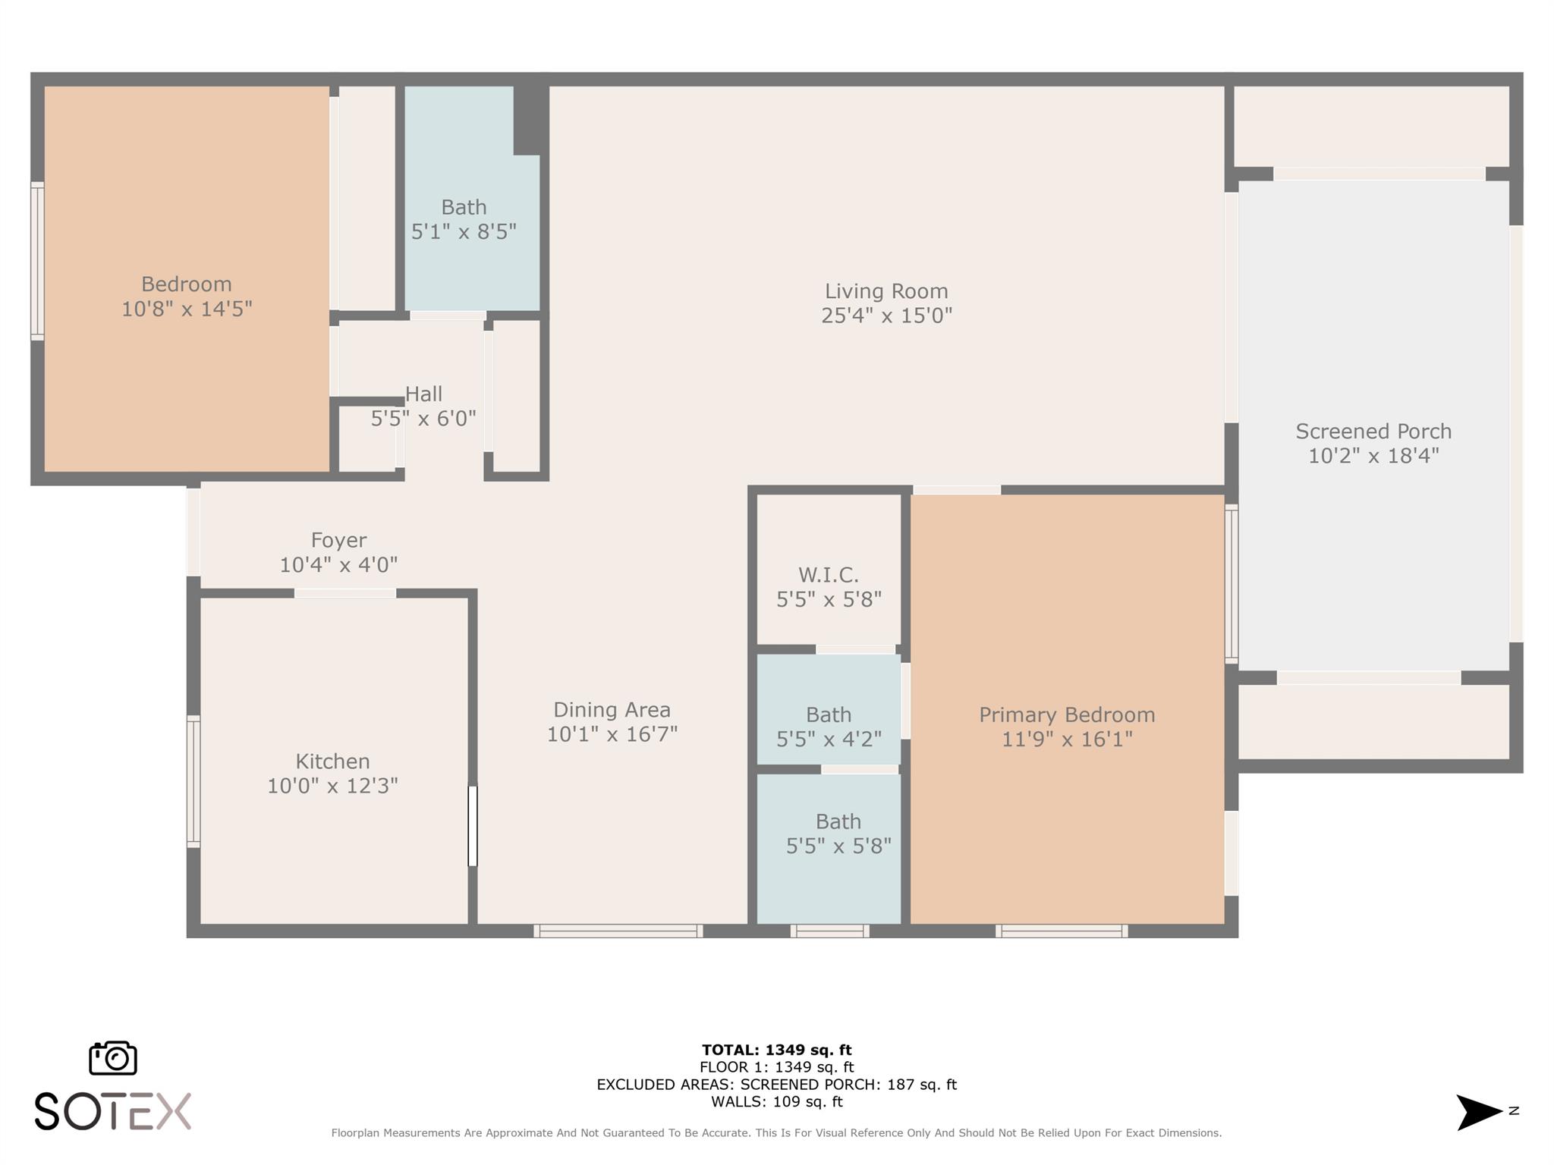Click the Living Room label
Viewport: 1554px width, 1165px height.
[x=886, y=291]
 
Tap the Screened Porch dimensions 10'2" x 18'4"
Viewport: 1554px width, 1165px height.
[x=1373, y=455]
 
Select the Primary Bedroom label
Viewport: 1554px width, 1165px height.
[x=1067, y=714]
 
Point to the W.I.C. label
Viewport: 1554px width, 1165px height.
[x=829, y=575]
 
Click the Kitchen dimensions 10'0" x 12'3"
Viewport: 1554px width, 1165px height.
[x=332, y=785]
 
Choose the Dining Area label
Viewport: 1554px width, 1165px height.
[x=612, y=710]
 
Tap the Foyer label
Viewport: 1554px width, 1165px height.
[x=338, y=540]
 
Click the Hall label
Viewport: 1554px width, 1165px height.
[x=423, y=394]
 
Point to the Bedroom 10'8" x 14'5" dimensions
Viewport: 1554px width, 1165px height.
[x=187, y=309]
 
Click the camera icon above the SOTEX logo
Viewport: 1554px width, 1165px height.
[x=113, y=1057]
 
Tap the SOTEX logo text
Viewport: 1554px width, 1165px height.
[x=113, y=1112]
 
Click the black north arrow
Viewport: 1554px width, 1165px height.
[x=1479, y=1112]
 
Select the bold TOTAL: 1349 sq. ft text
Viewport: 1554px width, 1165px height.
[x=776, y=1050]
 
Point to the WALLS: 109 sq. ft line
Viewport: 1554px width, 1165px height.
[x=776, y=1101]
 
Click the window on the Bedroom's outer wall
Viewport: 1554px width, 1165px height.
[x=37, y=260]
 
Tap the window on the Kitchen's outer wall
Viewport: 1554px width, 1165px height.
[x=193, y=781]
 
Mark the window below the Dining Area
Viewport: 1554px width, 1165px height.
[x=618, y=931]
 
